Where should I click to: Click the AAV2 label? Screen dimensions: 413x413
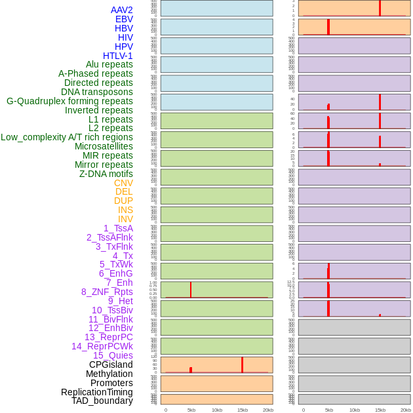click(x=121, y=10)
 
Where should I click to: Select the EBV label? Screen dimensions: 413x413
click(x=124, y=19)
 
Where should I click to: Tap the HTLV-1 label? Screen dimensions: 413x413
click(x=118, y=56)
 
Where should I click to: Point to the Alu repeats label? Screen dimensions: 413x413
click(x=109, y=64)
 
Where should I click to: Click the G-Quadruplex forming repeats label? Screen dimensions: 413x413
click(x=69, y=101)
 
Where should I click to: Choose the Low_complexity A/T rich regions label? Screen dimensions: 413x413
click(x=67, y=137)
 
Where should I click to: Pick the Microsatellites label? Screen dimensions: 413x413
click(x=104, y=146)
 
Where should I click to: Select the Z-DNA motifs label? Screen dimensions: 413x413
click(x=106, y=174)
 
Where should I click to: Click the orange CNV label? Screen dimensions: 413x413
click(x=123, y=183)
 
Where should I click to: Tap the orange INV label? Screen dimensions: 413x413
click(x=125, y=219)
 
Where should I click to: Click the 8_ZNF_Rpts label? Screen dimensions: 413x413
click(x=107, y=292)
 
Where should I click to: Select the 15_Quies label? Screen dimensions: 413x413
click(x=113, y=355)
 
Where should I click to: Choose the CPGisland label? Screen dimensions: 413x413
click(x=111, y=364)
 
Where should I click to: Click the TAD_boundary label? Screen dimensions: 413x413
click(x=102, y=401)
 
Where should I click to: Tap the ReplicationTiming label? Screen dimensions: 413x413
click(x=96, y=392)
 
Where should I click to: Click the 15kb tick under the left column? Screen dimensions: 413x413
click(x=242, y=410)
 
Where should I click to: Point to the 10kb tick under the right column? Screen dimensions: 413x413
click(x=354, y=410)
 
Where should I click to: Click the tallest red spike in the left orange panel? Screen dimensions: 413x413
click(x=242, y=364)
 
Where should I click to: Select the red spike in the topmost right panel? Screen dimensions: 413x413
click(x=380, y=8)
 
